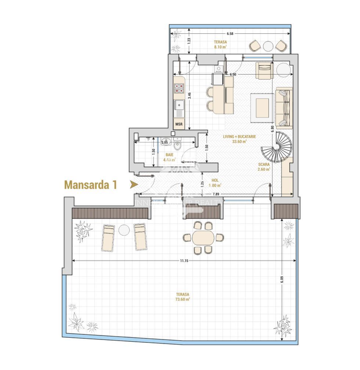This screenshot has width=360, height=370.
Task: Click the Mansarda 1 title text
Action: click(x=90, y=185)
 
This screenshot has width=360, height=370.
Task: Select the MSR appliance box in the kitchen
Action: click(x=179, y=124)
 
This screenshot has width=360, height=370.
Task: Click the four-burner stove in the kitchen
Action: click(x=179, y=88)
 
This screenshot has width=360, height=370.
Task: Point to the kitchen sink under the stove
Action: click(x=179, y=105)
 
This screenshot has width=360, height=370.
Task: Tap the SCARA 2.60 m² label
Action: click(x=264, y=167)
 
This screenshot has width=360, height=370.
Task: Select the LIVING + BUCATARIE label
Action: click(x=239, y=138)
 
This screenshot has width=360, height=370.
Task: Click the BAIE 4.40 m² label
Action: click(x=169, y=157)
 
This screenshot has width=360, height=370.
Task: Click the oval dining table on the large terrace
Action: click(x=203, y=237)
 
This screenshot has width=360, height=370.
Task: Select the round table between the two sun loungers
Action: click(x=124, y=230)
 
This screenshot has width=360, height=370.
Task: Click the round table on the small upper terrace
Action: click(x=269, y=46)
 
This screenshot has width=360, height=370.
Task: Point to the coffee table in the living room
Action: click(x=262, y=108)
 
